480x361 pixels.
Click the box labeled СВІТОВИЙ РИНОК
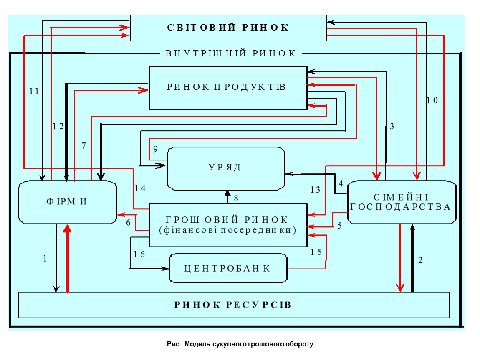tap(228, 28)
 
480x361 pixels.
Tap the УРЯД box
tap(225, 168)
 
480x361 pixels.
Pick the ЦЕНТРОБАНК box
tap(228, 268)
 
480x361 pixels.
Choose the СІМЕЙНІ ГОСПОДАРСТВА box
tap(401, 202)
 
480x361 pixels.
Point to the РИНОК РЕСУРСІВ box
tap(233, 305)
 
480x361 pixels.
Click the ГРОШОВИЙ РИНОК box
tap(228, 224)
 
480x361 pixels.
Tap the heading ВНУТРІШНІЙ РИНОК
tap(230, 53)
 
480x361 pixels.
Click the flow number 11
tap(34, 91)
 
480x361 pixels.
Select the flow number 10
tap(432, 100)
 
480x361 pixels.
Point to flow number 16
tap(139, 254)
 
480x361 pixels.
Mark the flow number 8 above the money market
tap(236, 198)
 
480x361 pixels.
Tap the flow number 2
tap(420, 260)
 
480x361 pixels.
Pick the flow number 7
tap(83, 146)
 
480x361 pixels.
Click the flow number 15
tap(316, 252)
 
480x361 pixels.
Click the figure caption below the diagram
tap(240, 345)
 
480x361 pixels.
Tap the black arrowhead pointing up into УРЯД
tap(227, 193)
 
